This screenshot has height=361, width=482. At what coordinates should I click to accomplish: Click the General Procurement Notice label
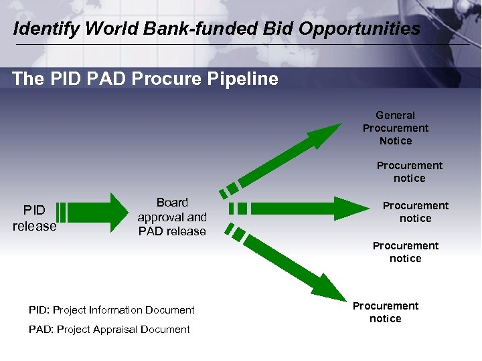click(x=396, y=128)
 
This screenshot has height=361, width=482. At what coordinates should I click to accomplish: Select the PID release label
click(x=34, y=218)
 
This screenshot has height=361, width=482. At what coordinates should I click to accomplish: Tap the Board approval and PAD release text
click(x=172, y=217)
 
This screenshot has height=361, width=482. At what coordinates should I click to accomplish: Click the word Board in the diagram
click(x=172, y=203)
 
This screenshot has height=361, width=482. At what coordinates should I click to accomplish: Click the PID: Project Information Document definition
click(x=112, y=310)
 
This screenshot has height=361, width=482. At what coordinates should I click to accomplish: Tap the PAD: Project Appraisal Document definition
click(x=109, y=330)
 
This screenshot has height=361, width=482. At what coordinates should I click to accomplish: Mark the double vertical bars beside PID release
click(x=61, y=211)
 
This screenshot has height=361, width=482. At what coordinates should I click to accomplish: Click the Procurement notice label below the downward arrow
click(x=386, y=312)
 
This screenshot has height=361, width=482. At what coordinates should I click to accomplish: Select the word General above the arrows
click(x=395, y=115)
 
